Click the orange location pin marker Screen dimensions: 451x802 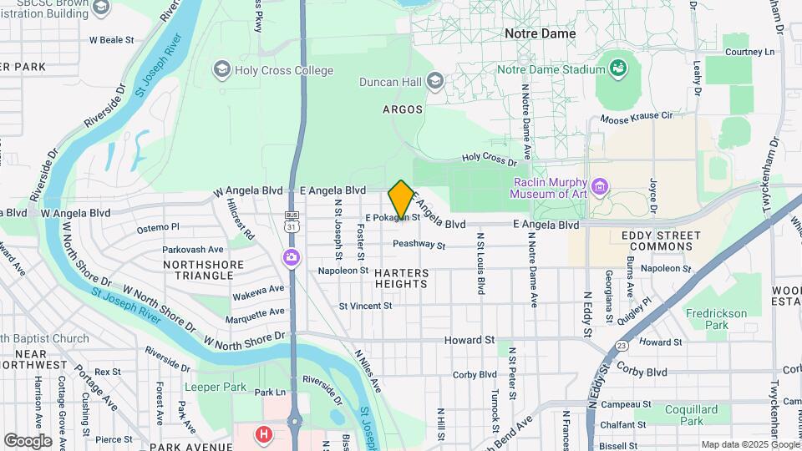pyautogui.click(x=401, y=200)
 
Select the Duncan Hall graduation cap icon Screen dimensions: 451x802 pyautogui.click(x=434, y=81)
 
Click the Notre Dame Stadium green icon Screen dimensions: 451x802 pyautogui.click(x=618, y=67)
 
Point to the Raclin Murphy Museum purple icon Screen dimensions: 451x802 pyautogui.click(x=598, y=185)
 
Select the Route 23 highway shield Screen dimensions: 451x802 pyautogui.click(x=622, y=345)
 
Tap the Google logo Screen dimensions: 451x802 pyautogui.click(x=28, y=440)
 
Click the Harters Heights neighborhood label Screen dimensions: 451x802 pyautogui.click(x=402, y=278)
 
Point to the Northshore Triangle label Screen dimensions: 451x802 pyautogui.click(x=192, y=270)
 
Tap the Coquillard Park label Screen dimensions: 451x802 pyautogui.click(x=691, y=415)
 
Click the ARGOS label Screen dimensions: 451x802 pyautogui.click(x=402, y=109)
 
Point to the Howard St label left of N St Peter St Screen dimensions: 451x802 pyautogui.click(x=469, y=341)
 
